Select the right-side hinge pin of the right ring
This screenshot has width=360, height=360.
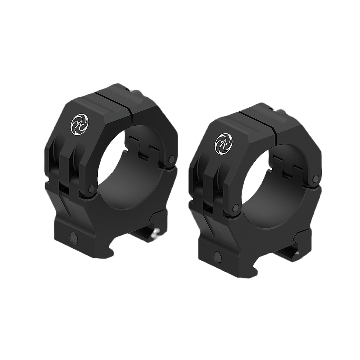[x=315, y=179]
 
